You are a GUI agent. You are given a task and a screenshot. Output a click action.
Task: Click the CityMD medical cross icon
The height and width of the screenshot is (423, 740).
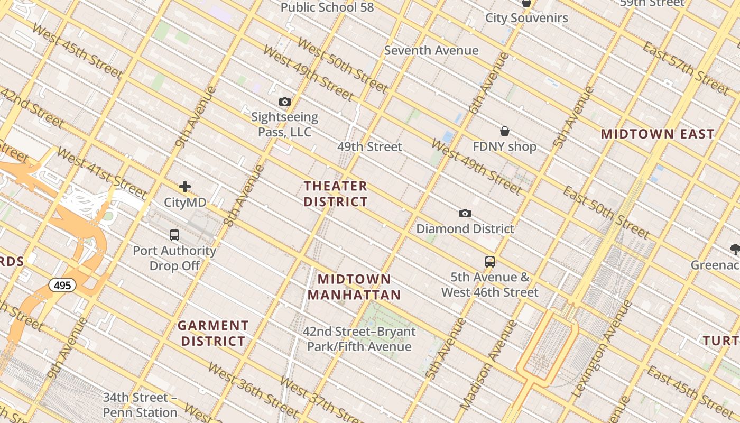(x=185, y=187)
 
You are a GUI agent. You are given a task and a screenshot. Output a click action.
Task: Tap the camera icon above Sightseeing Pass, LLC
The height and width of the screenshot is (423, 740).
(x=285, y=102)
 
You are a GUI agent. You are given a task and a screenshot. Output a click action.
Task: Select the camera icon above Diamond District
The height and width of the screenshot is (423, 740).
(x=465, y=213)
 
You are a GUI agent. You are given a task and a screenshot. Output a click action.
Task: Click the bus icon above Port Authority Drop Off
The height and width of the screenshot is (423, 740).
(x=174, y=235)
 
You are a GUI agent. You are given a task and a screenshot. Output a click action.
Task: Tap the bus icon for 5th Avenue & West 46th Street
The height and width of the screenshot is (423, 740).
(x=490, y=261)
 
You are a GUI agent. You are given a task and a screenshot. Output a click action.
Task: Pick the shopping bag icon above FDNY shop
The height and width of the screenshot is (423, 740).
(x=505, y=131)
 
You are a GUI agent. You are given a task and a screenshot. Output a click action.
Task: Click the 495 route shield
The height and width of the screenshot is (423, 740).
(x=62, y=286)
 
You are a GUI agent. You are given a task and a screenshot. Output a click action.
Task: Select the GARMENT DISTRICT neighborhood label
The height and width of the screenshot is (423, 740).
(x=214, y=333)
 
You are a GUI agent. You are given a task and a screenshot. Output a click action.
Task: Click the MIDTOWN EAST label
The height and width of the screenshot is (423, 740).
(x=658, y=134)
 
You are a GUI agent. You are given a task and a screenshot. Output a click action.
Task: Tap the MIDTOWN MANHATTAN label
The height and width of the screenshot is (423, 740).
(x=354, y=287)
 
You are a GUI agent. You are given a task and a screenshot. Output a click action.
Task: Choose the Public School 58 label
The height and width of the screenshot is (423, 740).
(x=327, y=7)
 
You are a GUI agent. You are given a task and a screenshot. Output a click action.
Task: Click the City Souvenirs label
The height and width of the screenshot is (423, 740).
(x=526, y=18)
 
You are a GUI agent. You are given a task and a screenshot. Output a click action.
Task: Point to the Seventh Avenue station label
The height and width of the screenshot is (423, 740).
(x=431, y=51)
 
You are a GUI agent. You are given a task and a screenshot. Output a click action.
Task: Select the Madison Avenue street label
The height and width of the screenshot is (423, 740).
(x=488, y=365)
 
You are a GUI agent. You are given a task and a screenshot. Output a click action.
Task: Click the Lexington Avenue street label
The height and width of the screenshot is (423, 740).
(x=602, y=350)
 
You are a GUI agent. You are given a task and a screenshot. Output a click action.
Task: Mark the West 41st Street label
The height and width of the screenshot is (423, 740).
(x=101, y=172)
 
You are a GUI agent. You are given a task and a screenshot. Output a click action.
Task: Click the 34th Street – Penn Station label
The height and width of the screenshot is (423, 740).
(x=140, y=404)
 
